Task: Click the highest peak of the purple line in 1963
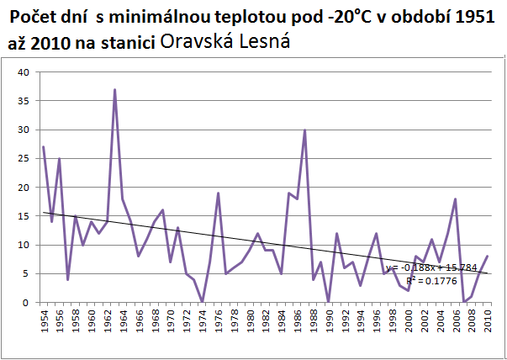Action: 114,90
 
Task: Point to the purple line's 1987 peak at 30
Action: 304,130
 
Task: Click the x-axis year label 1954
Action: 44,322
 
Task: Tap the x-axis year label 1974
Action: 202,322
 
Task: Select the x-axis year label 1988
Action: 313,322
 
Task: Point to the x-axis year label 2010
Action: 487,322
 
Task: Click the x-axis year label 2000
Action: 408,322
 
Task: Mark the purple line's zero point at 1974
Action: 202,302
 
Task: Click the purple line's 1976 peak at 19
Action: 218,193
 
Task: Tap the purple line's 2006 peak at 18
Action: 455,199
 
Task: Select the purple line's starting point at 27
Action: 44,147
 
